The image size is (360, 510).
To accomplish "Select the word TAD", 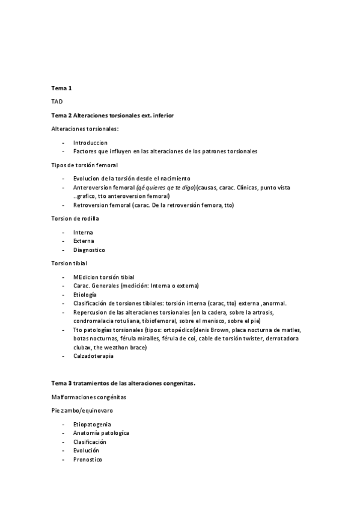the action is coord(57,102).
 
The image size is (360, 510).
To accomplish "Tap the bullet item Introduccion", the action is coord(90,143).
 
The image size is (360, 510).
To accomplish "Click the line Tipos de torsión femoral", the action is coord(85,165).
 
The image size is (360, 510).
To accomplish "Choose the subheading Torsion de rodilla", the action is coord(76,218).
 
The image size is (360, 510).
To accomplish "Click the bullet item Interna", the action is coord(83,232).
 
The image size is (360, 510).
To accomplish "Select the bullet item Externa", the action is coord(84,241).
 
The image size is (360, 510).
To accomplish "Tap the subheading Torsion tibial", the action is coord(69,263).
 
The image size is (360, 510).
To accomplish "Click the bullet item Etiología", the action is coord(85,295).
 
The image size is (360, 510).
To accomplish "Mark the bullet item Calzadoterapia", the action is coord(93,356).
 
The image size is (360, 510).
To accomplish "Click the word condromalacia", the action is coord(93,321).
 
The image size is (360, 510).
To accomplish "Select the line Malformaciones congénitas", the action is coord(89,397).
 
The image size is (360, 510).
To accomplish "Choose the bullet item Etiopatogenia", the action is coord(92,424).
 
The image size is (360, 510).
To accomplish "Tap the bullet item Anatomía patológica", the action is coord(101,432).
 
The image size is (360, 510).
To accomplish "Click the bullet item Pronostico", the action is coord(88,459).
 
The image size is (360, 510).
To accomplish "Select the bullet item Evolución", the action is coord(86,450).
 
